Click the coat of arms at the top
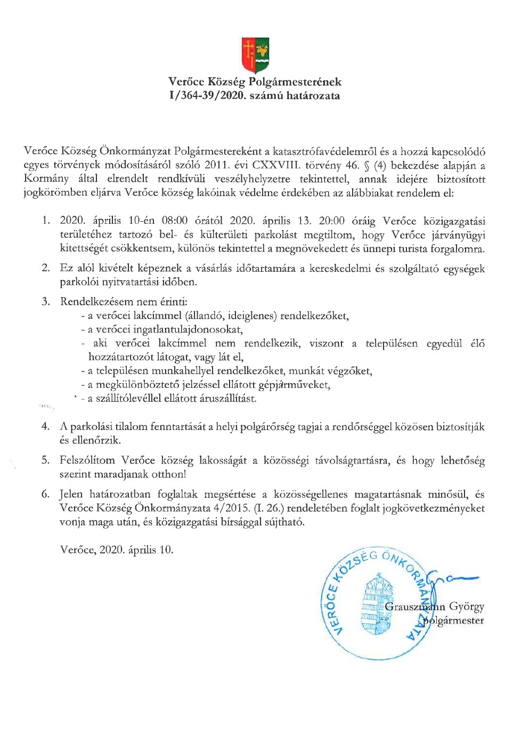click(x=255, y=55)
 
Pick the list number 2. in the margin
click(x=46, y=268)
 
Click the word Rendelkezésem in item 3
click(x=94, y=302)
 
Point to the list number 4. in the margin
click(x=46, y=426)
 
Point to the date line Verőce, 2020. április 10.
click(x=117, y=549)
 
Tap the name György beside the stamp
click(x=467, y=606)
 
